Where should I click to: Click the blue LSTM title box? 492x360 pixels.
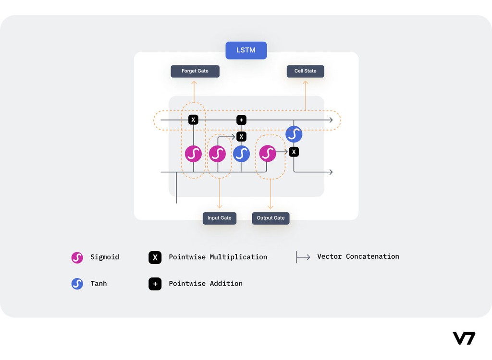point(246,50)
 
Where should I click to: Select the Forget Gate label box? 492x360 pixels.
point(195,71)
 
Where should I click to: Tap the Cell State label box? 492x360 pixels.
point(305,71)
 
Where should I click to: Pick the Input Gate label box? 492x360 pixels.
point(219,218)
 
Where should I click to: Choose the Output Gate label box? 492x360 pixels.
point(271,218)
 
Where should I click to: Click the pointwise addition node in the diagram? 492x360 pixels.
point(241,120)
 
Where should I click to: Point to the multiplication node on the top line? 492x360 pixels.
point(193,120)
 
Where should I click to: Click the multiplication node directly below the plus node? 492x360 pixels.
point(241,136)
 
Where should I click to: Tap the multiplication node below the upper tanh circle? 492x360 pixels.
point(294,152)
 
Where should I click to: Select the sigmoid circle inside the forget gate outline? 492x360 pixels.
point(193,154)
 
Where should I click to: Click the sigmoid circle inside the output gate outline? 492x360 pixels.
point(268,154)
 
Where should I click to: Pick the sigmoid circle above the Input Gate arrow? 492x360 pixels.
point(218,154)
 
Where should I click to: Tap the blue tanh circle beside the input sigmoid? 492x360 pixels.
point(241,154)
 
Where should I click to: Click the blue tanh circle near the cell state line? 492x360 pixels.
point(294,134)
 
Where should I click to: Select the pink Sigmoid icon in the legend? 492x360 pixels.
point(77,258)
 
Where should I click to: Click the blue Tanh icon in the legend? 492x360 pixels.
point(77,284)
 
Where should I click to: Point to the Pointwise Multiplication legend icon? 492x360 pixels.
point(155,257)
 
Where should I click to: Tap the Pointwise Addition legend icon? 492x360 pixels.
point(155,284)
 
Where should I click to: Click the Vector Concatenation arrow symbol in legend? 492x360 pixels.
point(303,257)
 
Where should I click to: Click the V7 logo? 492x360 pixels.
point(464,338)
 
